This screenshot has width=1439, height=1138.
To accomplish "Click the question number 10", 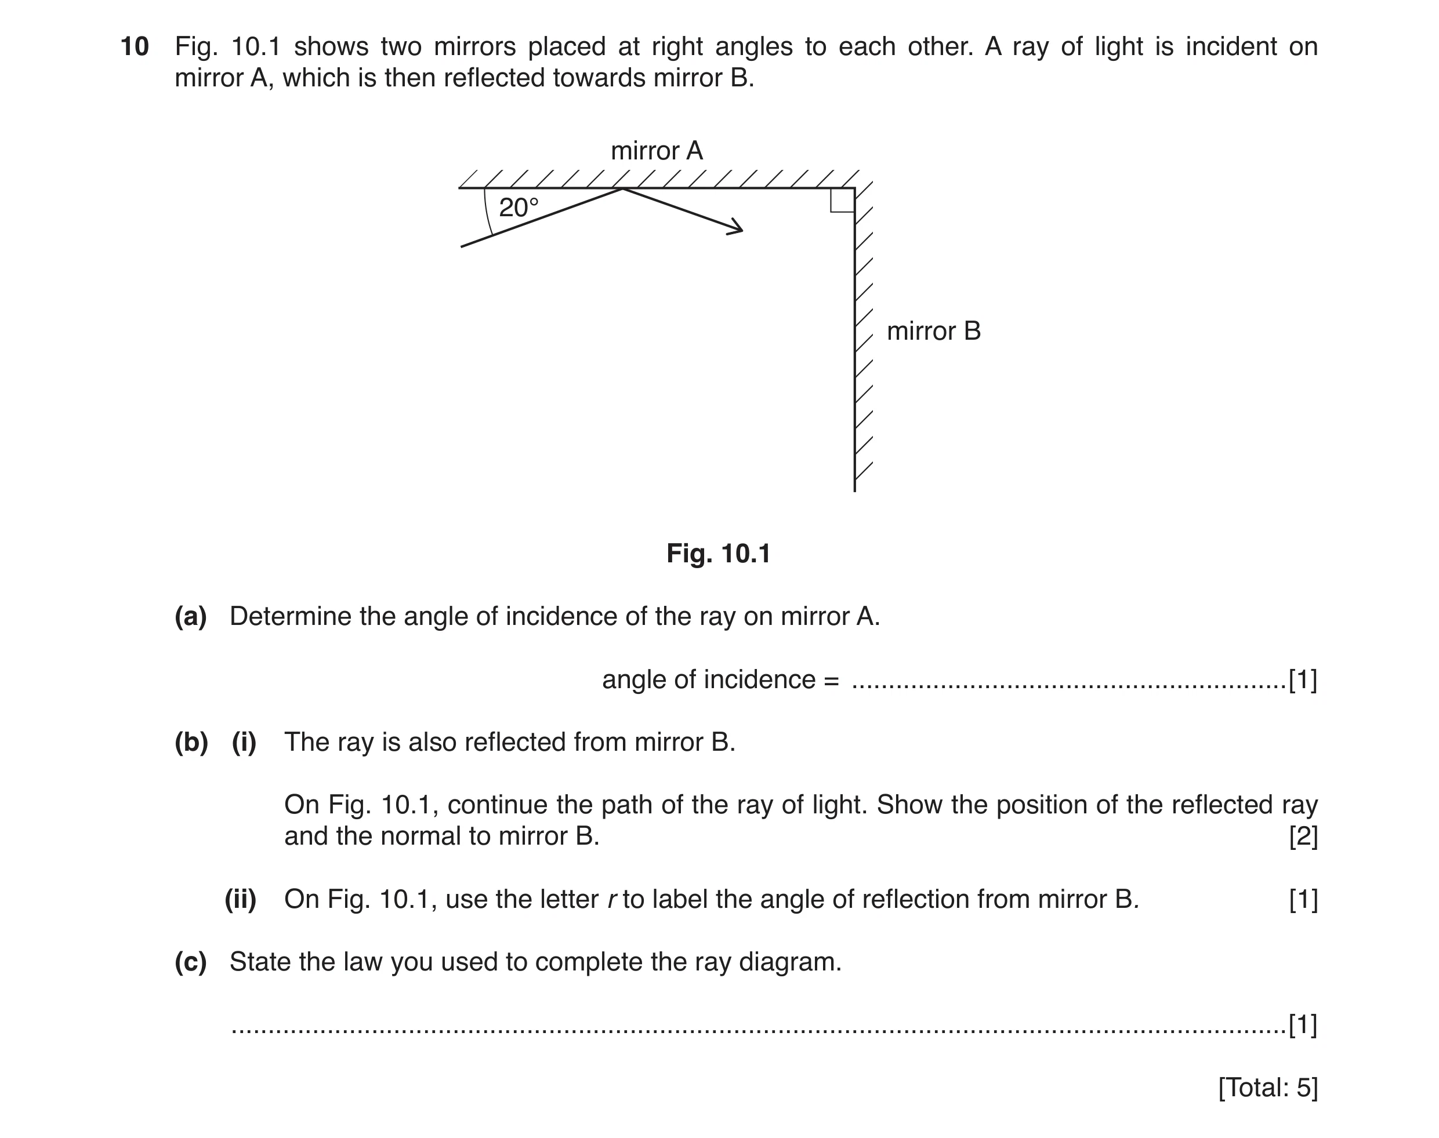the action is (135, 46).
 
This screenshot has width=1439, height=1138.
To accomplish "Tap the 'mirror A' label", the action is (657, 151).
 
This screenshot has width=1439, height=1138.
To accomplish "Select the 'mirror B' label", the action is (933, 331).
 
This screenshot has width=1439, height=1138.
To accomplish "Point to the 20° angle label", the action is (519, 208).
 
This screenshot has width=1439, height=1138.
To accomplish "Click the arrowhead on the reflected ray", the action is (736, 227).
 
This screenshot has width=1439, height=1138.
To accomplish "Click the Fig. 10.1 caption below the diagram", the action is (719, 554).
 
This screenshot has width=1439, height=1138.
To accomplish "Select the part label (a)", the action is (191, 616).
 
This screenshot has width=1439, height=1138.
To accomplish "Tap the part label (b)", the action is (191, 742).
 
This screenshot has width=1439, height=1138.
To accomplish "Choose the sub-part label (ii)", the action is (241, 900).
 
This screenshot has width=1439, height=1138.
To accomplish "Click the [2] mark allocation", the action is (1303, 836).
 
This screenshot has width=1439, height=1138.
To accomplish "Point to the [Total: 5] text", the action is (1268, 1088).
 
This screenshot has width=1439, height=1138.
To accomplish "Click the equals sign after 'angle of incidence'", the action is (831, 680).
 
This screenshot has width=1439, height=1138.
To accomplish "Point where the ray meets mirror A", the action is (622, 188).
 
